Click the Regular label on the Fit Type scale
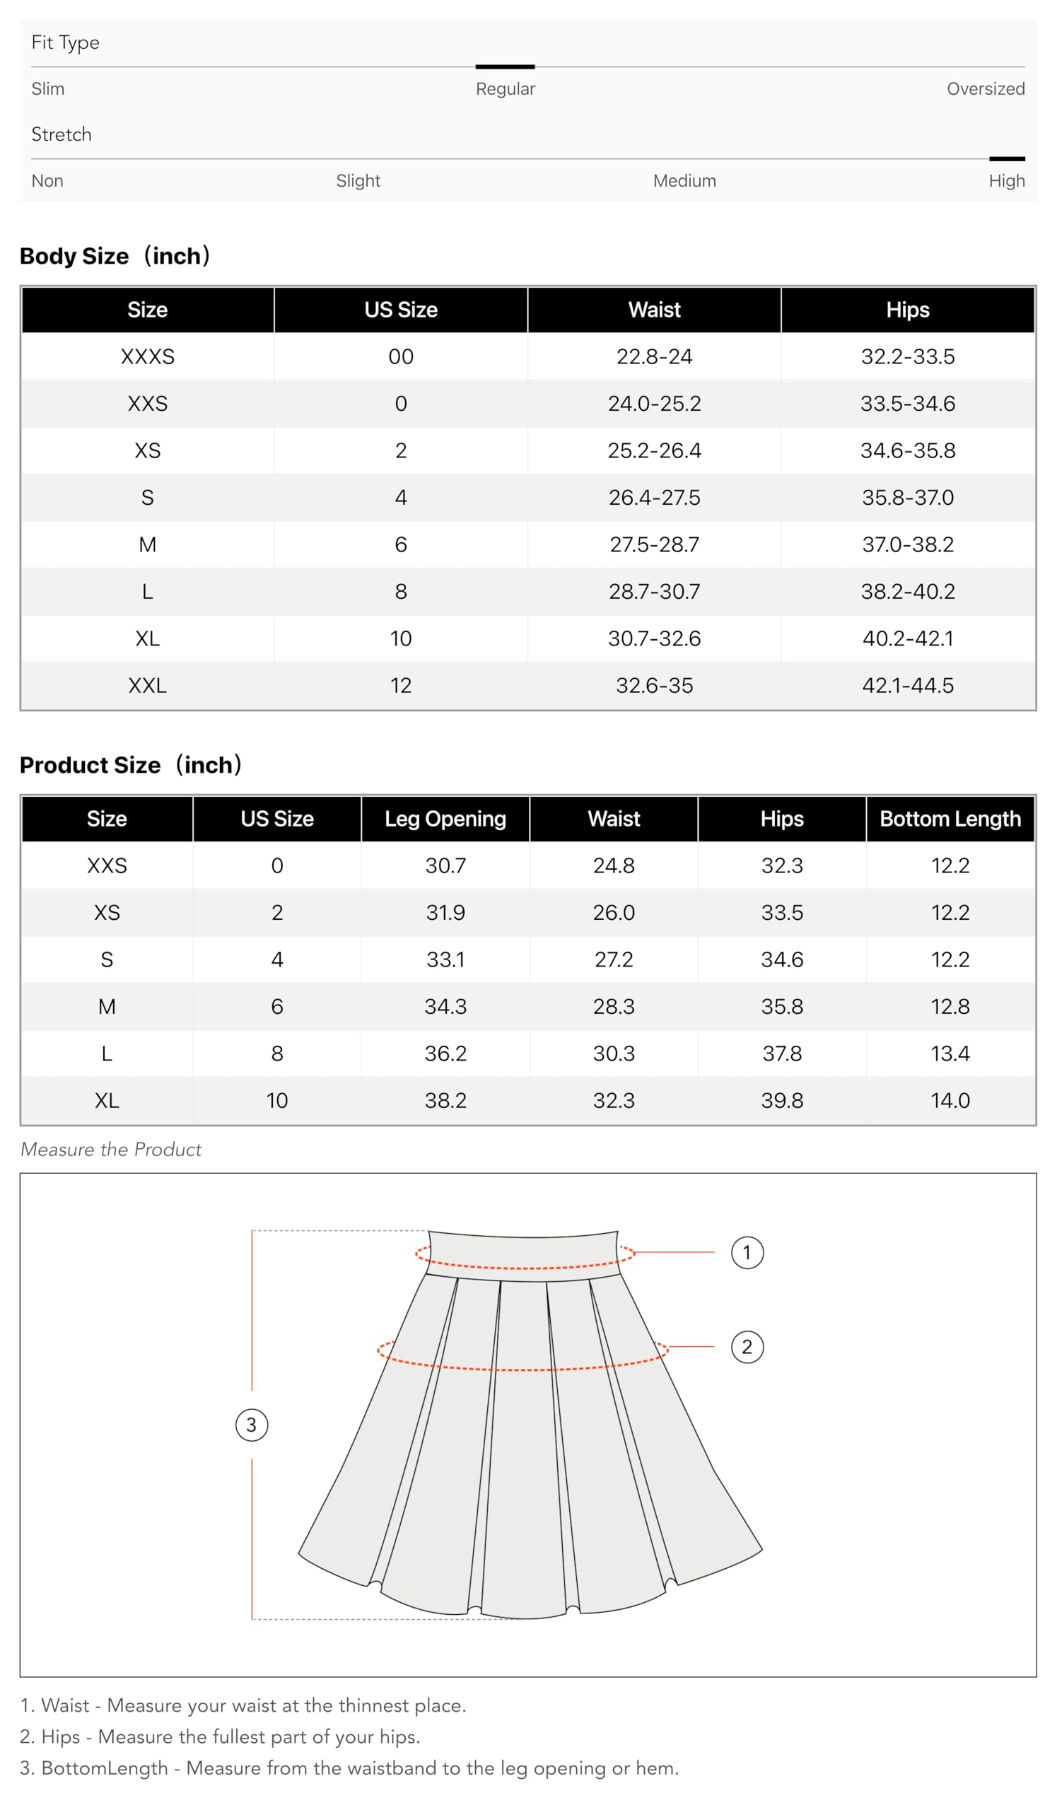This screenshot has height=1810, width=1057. (x=505, y=89)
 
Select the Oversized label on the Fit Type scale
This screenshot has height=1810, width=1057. (x=984, y=89)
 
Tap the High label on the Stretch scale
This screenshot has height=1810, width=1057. (x=1006, y=181)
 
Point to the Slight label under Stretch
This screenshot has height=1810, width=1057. (x=358, y=181)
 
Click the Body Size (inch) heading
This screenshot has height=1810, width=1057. (x=115, y=257)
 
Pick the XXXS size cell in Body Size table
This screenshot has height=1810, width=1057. (x=147, y=357)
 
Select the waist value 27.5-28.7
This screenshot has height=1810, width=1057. (x=653, y=544)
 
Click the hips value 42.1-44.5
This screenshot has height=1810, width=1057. (x=907, y=685)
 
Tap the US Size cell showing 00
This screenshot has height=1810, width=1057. (x=401, y=357)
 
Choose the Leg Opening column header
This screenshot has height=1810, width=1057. (x=445, y=819)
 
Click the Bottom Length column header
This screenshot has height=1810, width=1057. (x=950, y=819)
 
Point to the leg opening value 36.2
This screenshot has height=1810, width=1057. (x=445, y=1053)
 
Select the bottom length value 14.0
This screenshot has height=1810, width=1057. (x=950, y=1100)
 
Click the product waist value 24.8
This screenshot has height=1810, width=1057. (x=613, y=865)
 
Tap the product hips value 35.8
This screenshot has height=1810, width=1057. (x=781, y=1006)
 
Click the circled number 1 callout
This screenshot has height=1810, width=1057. (x=747, y=1253)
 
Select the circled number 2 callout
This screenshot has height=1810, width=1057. (x=747, y=1347)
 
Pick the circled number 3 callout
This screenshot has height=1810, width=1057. (x=251, y=1425)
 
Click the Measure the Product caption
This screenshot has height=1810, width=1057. (x=111, y=1149)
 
